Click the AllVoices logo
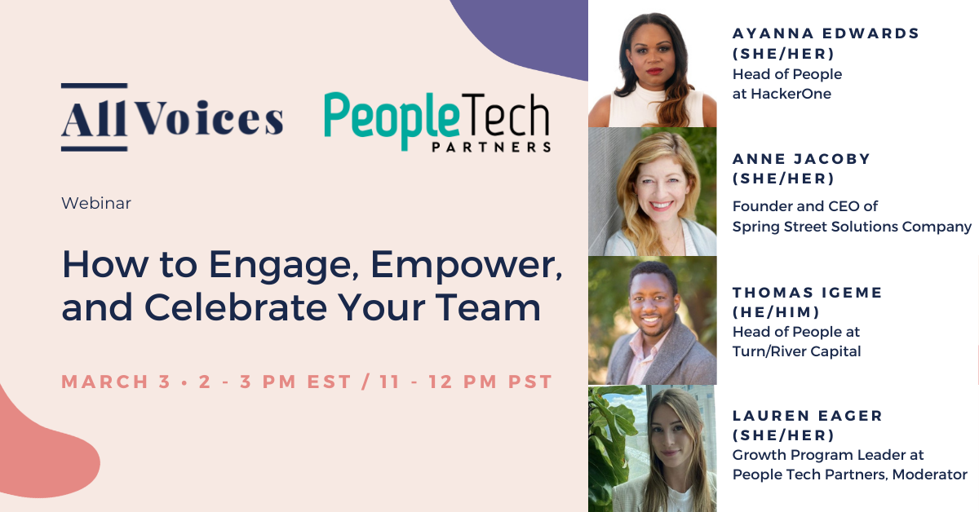[172, 118]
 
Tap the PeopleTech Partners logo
[436, 122]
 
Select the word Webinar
[96, 203]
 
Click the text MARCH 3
[116, 382]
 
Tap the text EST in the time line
[331, 382]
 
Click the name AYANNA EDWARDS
[826, 33]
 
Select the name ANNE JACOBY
[801, 159]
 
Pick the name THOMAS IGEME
[808, 293]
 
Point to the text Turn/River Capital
[796, 351]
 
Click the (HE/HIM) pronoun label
[777, 312]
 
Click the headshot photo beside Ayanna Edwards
[652, 65]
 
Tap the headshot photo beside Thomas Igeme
[652, 320]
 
